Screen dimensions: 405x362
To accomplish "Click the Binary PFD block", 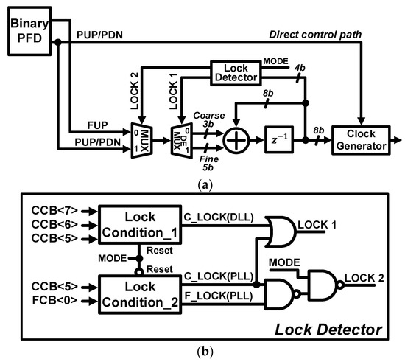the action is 29,31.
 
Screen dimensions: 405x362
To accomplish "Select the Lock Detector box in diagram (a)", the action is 236,73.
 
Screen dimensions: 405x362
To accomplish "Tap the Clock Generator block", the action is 361,140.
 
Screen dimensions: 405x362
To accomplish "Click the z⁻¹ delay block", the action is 279,139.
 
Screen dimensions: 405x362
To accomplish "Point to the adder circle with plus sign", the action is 236,140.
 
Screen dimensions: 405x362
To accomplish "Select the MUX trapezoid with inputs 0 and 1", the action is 142,140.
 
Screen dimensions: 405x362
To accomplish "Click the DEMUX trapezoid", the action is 182,140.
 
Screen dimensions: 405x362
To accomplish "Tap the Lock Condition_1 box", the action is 140,224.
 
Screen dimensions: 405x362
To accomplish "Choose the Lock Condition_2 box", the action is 140,294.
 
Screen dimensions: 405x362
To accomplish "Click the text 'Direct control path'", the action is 315,35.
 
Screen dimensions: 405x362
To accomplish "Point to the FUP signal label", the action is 97,125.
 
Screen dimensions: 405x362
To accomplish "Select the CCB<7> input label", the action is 54,210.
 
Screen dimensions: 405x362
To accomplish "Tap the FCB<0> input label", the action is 54,300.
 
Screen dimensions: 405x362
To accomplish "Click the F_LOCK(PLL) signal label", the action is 219,296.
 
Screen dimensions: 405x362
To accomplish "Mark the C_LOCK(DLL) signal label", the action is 219,217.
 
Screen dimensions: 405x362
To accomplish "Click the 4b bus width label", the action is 300,68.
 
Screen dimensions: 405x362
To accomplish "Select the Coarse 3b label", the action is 209,119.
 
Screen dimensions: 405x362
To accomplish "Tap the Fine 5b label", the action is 208,163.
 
